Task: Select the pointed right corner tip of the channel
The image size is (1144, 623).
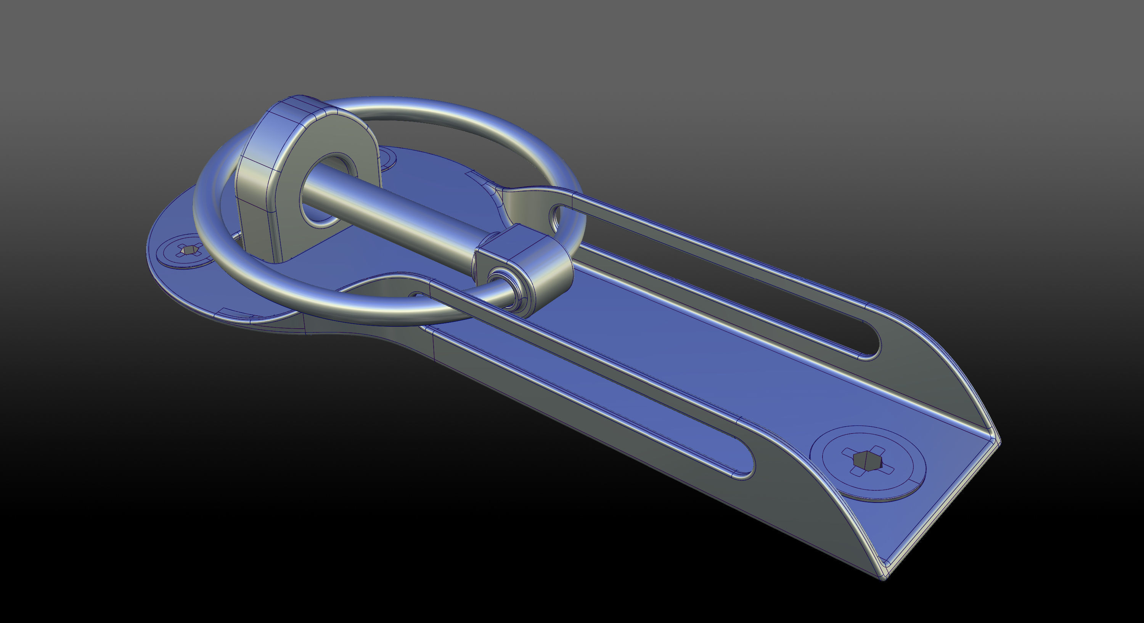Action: pyautogui.click(x=997, y=439)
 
